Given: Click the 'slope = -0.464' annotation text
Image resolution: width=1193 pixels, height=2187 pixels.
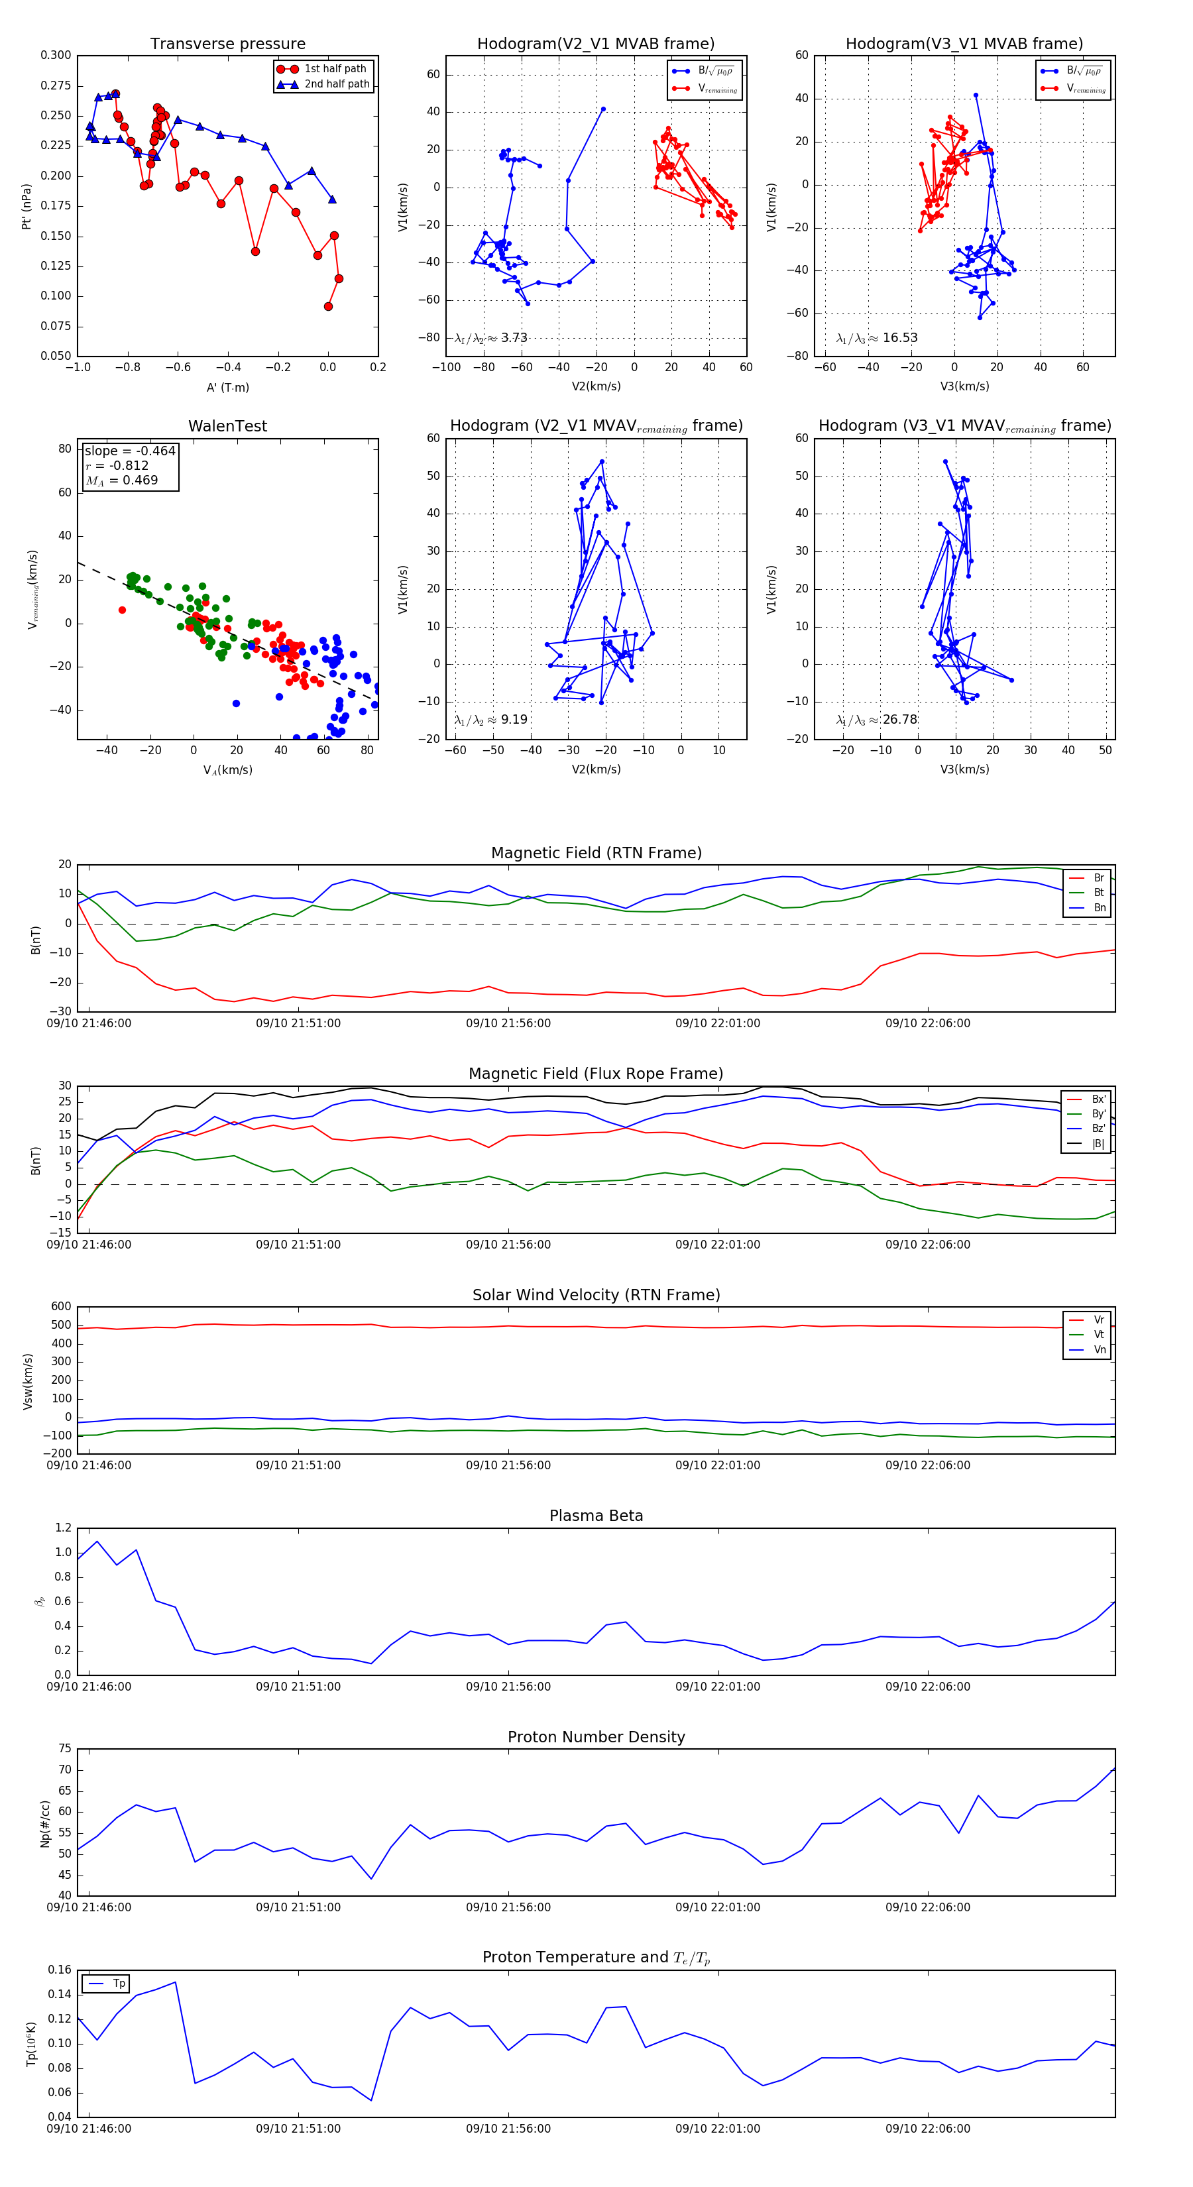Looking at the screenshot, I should [x=130, y=451].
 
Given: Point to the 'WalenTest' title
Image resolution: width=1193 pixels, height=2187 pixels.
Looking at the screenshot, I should [x=227, y=426].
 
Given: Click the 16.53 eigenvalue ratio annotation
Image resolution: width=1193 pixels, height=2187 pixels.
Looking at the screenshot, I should [x=877, y=338].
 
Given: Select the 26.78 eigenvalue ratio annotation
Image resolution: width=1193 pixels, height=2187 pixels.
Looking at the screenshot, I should [x=877, y=720].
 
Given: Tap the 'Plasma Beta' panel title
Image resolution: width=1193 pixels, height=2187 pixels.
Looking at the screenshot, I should [x=596, y=1516].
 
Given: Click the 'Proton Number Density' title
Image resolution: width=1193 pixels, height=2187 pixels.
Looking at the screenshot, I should [x=596, y=1737].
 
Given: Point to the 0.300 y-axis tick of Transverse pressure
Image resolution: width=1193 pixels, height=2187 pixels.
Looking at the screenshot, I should [x=56, y=55].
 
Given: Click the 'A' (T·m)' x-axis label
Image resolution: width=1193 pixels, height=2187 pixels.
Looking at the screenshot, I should [x=227, y=387].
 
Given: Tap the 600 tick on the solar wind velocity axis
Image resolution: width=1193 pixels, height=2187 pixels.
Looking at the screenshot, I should [x=61, y=1307].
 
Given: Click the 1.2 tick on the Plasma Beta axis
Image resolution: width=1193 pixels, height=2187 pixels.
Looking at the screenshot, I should [x=64, y=1528].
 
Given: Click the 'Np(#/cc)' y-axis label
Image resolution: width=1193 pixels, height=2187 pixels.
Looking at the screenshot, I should [x=44, y=1822].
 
